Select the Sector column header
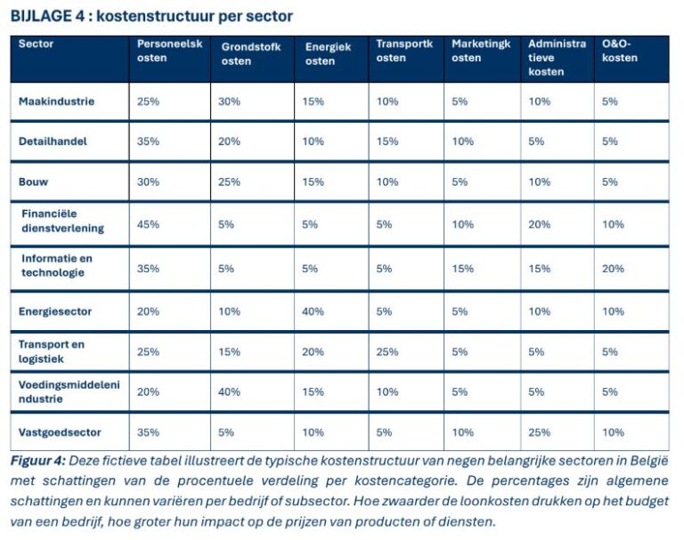tap(36, 44)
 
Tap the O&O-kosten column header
tap(620, 51)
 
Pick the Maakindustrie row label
tap(56, 101)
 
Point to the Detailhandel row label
tap(53, 141)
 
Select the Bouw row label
tap(33, 181)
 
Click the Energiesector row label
tap(55, 311)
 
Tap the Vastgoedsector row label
tap(60, 432)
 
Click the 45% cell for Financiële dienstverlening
tap(148, 224)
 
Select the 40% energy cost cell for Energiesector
tap(313, 311)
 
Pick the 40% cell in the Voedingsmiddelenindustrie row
tap(229, 391)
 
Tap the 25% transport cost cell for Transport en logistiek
tap(387, 352)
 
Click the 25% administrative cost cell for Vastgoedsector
tap(539, 432)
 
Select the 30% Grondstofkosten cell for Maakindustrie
tap(229, 101)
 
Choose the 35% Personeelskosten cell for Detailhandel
tap(148, 141)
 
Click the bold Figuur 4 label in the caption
tap(37, 462)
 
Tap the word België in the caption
tap(647, 462)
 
